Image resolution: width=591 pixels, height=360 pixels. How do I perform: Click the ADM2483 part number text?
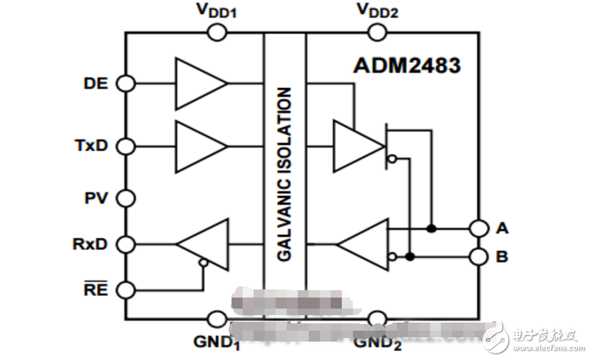pyautogui.click(x=406, y=65)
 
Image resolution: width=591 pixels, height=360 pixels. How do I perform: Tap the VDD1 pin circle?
pyautogui.click(x=217, y=32)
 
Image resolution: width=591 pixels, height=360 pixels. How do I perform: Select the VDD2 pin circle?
pyautogui.click(x=378, y=32)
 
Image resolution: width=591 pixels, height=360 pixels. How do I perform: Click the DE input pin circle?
pyautogui.click(x=126, y=84)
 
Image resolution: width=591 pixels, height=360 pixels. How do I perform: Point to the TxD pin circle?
pyautogui.click(x=126, y=145)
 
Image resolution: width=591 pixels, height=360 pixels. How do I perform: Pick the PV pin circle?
pyautogui.click(x=126, y=198)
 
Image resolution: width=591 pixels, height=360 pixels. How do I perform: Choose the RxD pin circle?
pyautogui.click(x=126, y=244)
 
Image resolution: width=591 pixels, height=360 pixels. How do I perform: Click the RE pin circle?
pyautogui.click(x=126, y=290)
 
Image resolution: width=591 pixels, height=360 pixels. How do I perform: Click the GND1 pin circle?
pyautogui.click(x=217, y=319)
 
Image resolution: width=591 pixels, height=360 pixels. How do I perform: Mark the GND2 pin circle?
pyautogui.click(x=378, y=319)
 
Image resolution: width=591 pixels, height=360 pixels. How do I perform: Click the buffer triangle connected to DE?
pyautogui.click(x=199, y=84)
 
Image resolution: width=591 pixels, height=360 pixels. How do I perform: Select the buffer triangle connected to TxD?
pyautogui.click(x=199, y=145)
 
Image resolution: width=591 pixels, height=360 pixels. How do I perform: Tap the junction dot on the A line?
pyautogui.click(x=431, y=228)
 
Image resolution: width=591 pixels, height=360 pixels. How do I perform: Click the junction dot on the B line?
pyautogui.click(x=410, y=256)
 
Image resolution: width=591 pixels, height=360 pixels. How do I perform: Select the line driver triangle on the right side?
pyautogui.click(x=358, y=145)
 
